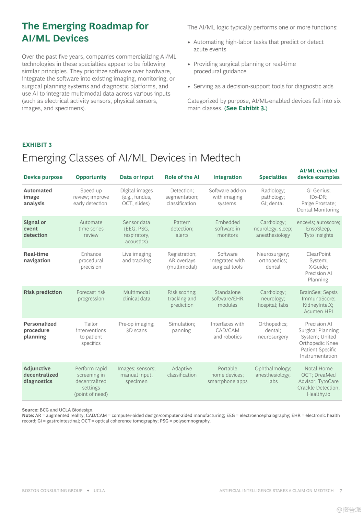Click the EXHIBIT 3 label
click(37, 145)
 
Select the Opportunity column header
click(91, 177)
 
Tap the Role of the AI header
click(182, 177)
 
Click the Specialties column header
click(273, 177)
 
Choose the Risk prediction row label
click(43, 292)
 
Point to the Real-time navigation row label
click(37, 257)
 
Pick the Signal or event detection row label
click(35, 229)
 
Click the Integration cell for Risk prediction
click(227, 298)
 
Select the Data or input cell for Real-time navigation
click(137, 257)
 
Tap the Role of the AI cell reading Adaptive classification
click(182, 372)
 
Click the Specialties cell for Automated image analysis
click(273, 197)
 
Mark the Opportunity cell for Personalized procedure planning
click(91, 333)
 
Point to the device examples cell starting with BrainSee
click(318, 302)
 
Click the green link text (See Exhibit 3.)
click(246, 108)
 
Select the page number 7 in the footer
click(341, 491)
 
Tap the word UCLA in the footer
click(99, 491)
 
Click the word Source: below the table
click(30, 410)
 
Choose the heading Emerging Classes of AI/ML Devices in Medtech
click(131, 158)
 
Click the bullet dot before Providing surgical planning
click(189, 64)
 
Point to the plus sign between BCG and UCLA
click(88, 491)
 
